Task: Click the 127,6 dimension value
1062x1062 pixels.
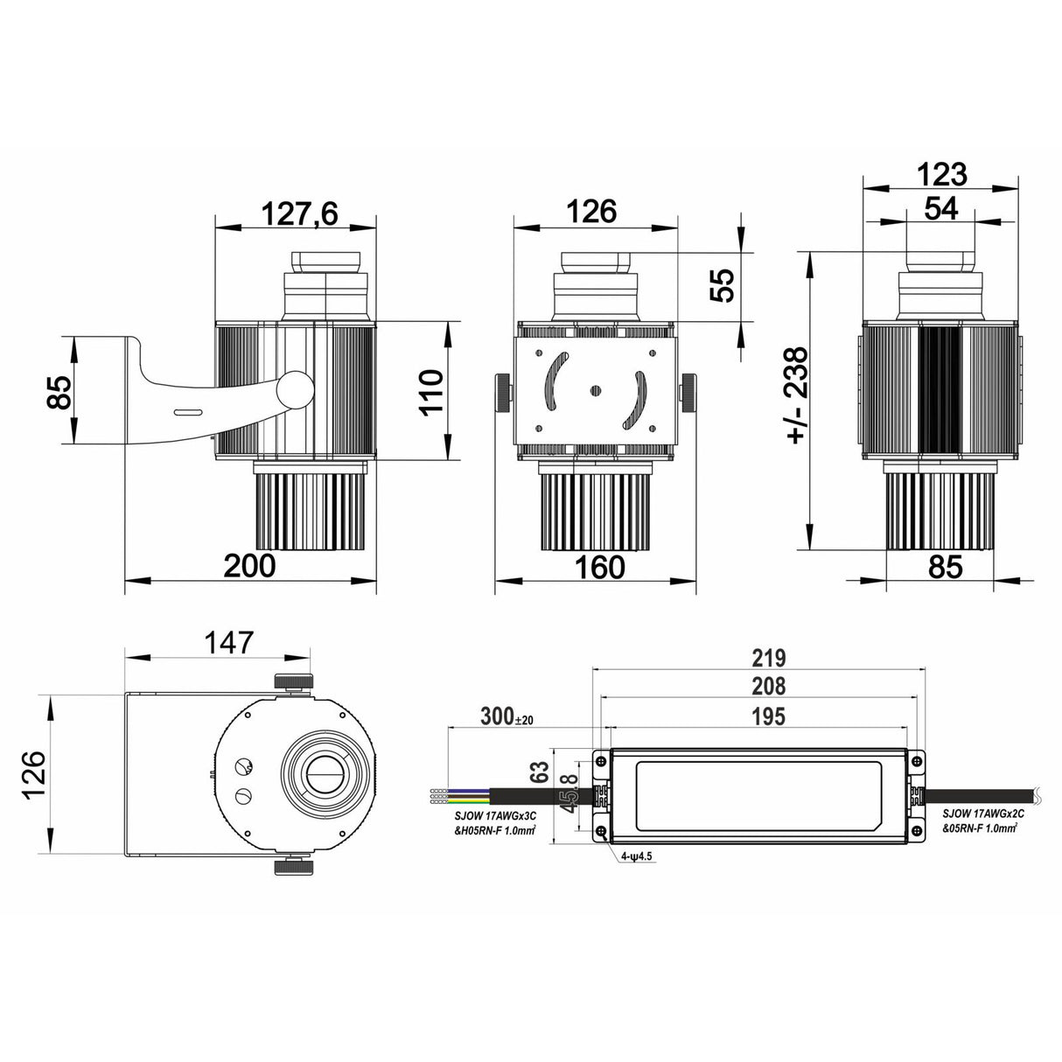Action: click(x=294, y=213)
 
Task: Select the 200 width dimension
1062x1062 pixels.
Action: click(x=249, y=566)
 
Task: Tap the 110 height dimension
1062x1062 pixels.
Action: click(x=431, y=391)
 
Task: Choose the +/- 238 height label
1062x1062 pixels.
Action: click(x=797, y=395)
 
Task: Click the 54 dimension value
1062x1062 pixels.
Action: click(x=940, y=208)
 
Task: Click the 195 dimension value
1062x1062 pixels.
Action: click(x=765, y=716)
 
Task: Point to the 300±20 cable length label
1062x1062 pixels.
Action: click(x=507, y=718)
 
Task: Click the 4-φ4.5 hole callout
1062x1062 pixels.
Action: click(x=637, y=856)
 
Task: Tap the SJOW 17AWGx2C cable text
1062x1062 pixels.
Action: click(x=979, y=812)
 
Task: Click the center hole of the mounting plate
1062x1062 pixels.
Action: click(x=596, y=390)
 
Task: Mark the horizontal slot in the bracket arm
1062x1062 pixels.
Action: click(x=187, y=411)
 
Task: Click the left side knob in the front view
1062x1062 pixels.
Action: click(x=502, y=392)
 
